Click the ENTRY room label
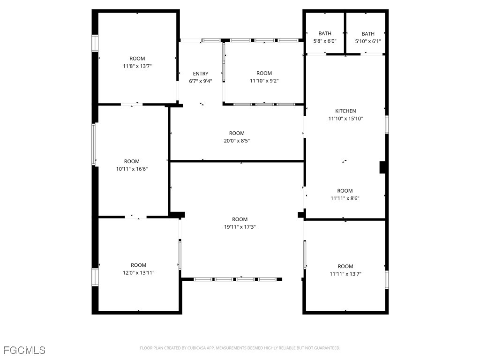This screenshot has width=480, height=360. pos(201,74)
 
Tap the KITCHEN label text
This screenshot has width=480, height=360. pos(345,111)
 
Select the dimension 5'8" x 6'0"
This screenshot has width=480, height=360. pos(325,41)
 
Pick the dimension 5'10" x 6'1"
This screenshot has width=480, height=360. pos(368,41)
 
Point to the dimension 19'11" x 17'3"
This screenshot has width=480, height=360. pos(240,227)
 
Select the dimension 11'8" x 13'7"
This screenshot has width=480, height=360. pos(137,66)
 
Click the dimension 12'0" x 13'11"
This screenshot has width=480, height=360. pos(138,273)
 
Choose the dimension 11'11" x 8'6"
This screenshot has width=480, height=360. pos(345,198)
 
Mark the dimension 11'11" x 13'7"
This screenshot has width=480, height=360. pos(345,274)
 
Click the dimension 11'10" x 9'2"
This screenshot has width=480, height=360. pos(264,81)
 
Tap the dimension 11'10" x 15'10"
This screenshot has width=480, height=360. pos(345,119)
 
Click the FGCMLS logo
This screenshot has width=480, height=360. pos(24,350)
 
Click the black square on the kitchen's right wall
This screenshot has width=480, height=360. pos(382,168)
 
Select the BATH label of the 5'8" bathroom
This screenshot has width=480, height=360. pos(325,34)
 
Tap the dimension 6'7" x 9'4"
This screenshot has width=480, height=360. pos(201,81)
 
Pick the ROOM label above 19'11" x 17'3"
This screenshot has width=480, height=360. pos(240,219)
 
